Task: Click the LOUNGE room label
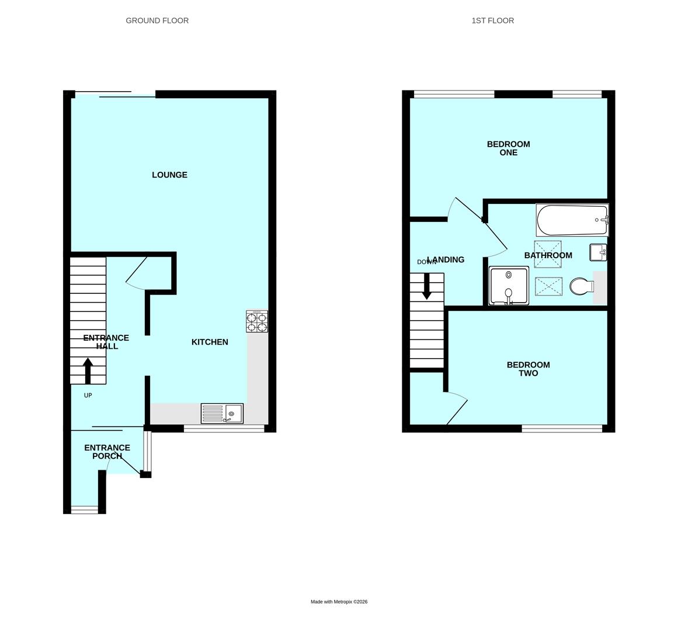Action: click(169, 175)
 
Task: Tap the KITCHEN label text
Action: click(210, 342)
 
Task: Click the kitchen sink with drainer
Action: click(222, 414)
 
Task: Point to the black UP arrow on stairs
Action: click(88, 370)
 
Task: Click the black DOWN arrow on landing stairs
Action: click(427, 286)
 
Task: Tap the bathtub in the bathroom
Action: click(572, 220)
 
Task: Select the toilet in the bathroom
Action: click(580, 286)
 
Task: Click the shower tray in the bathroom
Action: click(509, 286)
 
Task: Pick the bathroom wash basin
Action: click(599, 252)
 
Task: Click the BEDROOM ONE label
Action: click(508, 148)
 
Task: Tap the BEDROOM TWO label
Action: click(528, 369)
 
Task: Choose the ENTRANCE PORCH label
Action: click(107, 452)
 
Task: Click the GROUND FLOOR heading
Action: click(157, 20)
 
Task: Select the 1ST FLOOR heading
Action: click(493, 20)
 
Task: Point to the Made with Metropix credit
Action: click(339, 602)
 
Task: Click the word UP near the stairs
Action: click(88, 396)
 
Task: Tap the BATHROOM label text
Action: click(548, 255)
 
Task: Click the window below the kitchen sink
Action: click(224, 429)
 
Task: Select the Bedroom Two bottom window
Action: click(562, 429)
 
